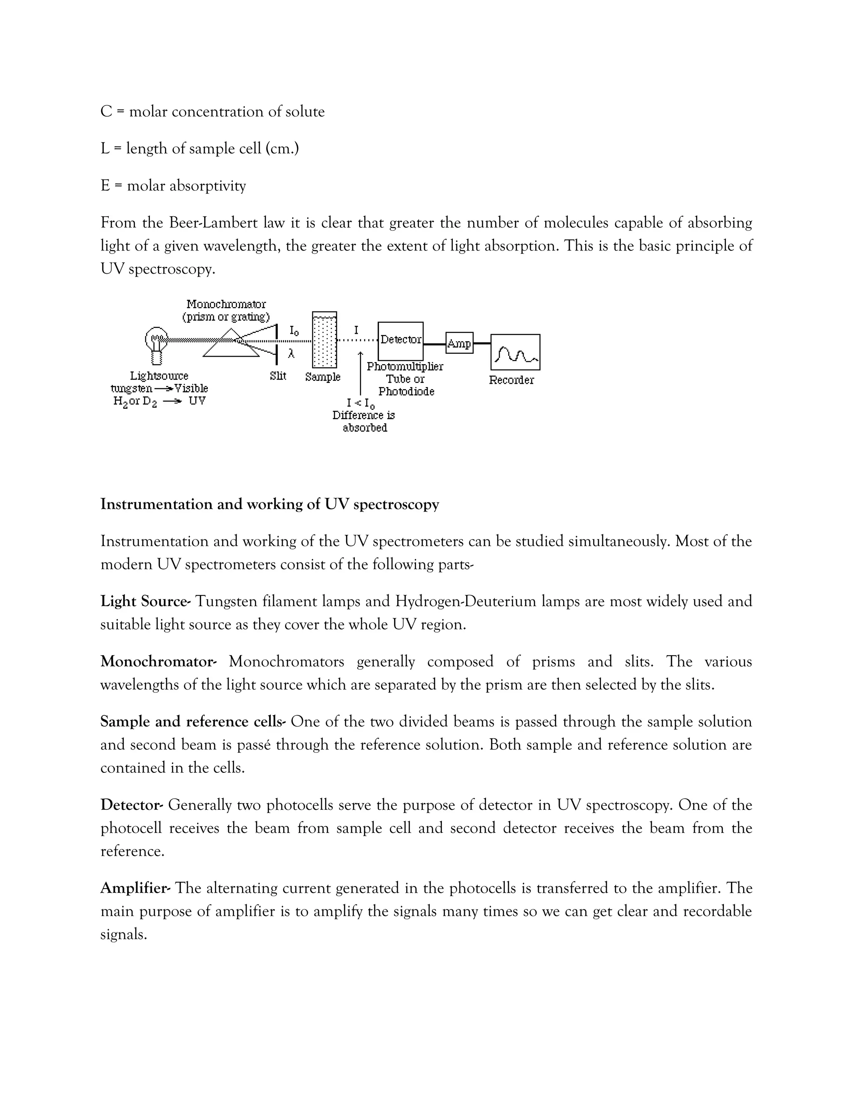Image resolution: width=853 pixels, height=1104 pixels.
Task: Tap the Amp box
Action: [x=459, y=343]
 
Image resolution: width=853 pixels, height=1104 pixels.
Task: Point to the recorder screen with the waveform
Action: [x=515, y=352]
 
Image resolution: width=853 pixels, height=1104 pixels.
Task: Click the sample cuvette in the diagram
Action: [x=324, y=340]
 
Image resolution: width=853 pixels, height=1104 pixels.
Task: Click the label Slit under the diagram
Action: [x=278, y=376]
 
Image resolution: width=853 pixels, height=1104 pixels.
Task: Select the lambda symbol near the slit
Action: [x=291, y=354]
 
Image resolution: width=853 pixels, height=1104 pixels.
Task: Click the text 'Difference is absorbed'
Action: [x=364, y=422]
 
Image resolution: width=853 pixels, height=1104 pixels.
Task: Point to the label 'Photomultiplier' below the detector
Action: [x=405, y=367]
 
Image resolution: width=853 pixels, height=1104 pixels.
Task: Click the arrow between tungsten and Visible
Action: [x=163, y=389]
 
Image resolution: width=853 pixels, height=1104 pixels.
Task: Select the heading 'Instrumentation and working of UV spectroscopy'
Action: [x=269, y=505]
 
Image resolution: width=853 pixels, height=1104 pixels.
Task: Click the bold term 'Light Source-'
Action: [x=145, y=602]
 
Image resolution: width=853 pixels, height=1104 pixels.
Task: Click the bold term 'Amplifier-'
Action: [x=135, y=888]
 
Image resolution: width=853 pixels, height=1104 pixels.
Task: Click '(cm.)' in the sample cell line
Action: [x=282, y=149]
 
